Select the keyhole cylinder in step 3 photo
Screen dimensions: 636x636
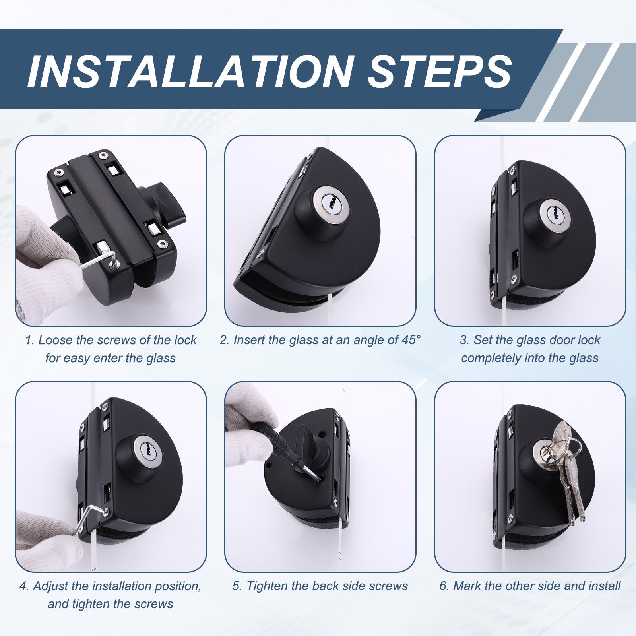point(551,213)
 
